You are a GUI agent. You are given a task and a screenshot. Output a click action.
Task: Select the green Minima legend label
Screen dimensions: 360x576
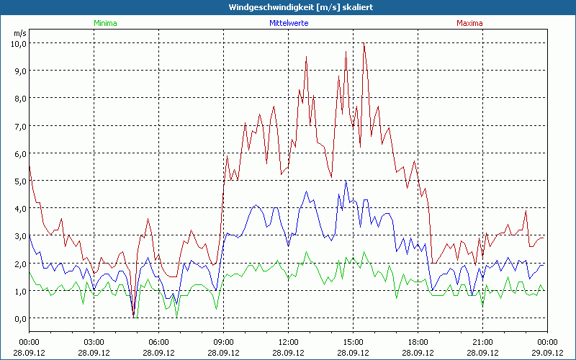pyautogui.click(x=105, y=23)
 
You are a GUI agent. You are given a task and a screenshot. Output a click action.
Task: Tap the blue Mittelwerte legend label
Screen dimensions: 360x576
pyautogui.click(x=288, y=23)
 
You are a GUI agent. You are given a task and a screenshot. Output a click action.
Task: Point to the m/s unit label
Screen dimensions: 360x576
pyautogui.click(x=19, y=33)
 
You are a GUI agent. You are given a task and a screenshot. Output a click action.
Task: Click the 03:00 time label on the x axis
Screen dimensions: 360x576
pyautogui.click(x=94, y=342)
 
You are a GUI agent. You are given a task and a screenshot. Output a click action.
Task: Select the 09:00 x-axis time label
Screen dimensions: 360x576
pyautogui.click(x=224, y=342)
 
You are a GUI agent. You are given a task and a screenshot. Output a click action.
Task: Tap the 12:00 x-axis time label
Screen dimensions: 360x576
pyautogui.click(x=288, y=342)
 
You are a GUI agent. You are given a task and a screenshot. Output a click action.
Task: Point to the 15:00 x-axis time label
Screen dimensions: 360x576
pyautogui.click(x=353, y=342)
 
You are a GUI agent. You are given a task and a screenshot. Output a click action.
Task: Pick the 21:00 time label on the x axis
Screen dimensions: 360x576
pyautogui.click(x=482, y=342)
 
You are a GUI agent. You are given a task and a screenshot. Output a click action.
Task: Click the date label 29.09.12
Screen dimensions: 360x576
pyautogui.click(x=547, y=353)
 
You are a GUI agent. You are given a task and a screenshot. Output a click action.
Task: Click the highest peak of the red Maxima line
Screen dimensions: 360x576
pyautogui.click(x=364, y=45)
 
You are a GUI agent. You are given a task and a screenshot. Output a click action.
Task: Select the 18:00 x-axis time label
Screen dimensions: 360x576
pyautogui.click(x=418, y=342)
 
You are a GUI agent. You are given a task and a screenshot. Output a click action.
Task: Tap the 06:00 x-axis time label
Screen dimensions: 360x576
pyautogui.click(x=159, y=342)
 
